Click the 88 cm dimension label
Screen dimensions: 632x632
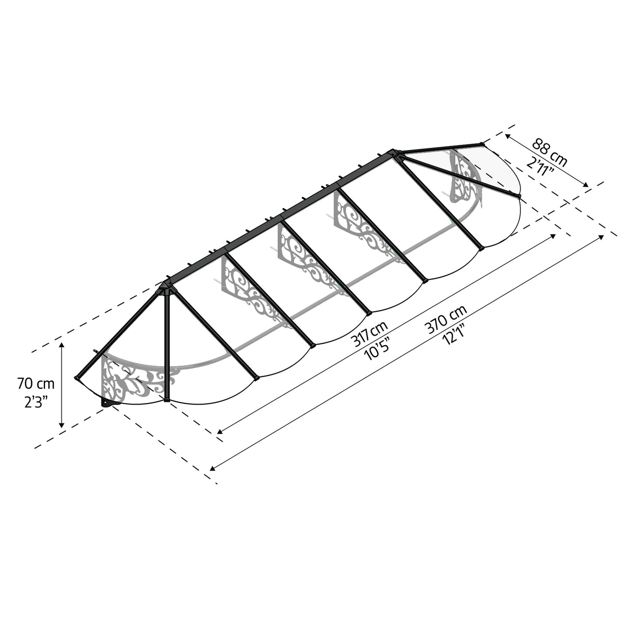point(549,153)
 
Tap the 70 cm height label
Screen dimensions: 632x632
point(36,384)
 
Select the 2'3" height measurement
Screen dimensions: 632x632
point(36,403)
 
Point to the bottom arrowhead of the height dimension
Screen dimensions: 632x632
point(61,425)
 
